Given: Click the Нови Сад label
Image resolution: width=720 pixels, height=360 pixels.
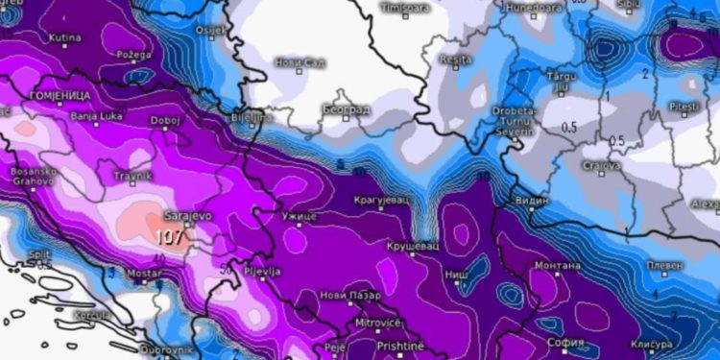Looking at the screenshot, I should pyautogui.click(x=300, y=61).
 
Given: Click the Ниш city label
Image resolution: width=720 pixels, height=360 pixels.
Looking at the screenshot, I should pyautogui.click(x=456, y=275).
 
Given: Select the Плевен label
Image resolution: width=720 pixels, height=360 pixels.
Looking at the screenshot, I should pyautogui.click(x=664, y=264).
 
